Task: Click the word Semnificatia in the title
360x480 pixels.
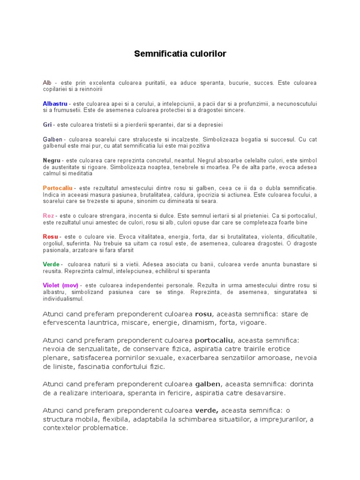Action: point(157,54)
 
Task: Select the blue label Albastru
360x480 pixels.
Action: point(55,103)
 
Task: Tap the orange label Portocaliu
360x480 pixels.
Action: point(58,188)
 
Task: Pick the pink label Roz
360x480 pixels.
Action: point(48,216)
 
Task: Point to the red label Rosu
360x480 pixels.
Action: point(51,237)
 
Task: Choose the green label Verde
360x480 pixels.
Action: point(52,264)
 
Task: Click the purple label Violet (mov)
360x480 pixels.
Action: point(60,285)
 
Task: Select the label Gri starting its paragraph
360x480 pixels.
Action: point(47,125)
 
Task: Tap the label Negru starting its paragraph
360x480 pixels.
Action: point(52,160)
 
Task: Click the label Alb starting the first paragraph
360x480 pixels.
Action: point(47,82)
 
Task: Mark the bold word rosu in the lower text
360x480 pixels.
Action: point(203,314)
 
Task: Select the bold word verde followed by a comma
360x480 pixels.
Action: point(206,410)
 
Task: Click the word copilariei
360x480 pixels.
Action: point(55,89)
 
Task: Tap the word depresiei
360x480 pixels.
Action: point(210,125)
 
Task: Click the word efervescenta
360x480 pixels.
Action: point(64,322)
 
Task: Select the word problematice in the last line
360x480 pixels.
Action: point(105,427)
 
